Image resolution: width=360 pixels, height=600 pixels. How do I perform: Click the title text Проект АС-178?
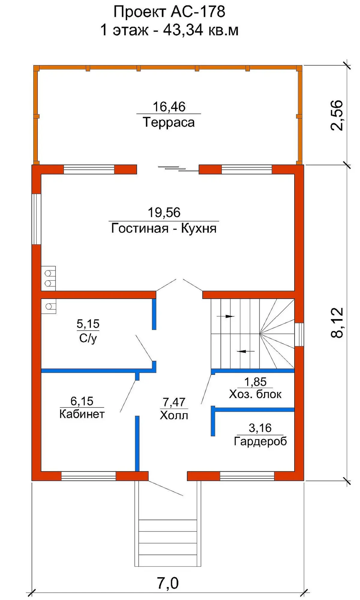coord(169,12)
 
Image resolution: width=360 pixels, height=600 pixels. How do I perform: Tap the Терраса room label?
coord(169,122)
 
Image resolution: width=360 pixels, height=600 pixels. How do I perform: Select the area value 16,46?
coord(169,107)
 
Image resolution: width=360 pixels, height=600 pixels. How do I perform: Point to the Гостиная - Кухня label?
coord(164,228)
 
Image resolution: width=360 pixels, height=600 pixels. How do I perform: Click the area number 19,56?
coord(164,213)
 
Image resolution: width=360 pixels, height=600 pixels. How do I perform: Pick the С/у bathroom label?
coord(88,339)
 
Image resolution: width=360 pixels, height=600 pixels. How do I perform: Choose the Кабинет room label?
coord(82,414)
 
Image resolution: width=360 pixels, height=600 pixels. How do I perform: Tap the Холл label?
coord(174,415)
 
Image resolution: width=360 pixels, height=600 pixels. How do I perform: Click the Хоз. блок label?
coord(255,394)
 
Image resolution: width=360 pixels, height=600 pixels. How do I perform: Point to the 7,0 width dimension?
coord(168,583)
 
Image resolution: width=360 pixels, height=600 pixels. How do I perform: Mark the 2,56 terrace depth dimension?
coord(337,115)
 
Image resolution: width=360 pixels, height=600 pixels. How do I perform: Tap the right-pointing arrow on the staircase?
coord(225,316)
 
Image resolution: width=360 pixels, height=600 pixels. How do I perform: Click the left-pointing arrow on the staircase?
coord(245,351)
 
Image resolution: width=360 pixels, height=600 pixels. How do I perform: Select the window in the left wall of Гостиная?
coord(36,219)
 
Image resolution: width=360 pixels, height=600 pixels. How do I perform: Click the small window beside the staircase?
coord(299,334)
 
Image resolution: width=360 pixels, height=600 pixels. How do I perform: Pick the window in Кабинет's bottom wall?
coord(88,476)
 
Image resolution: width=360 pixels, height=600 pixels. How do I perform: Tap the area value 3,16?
coord(260,428)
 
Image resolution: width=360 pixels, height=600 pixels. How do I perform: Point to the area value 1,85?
coord(255,382)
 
